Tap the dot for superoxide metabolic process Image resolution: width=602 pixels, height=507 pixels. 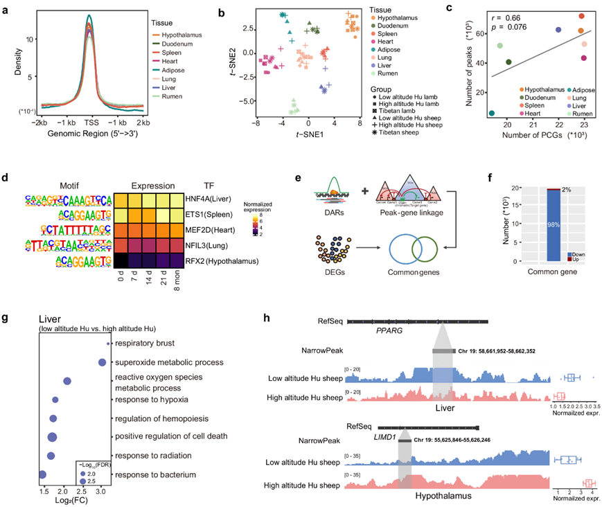click(x=102, y=362)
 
